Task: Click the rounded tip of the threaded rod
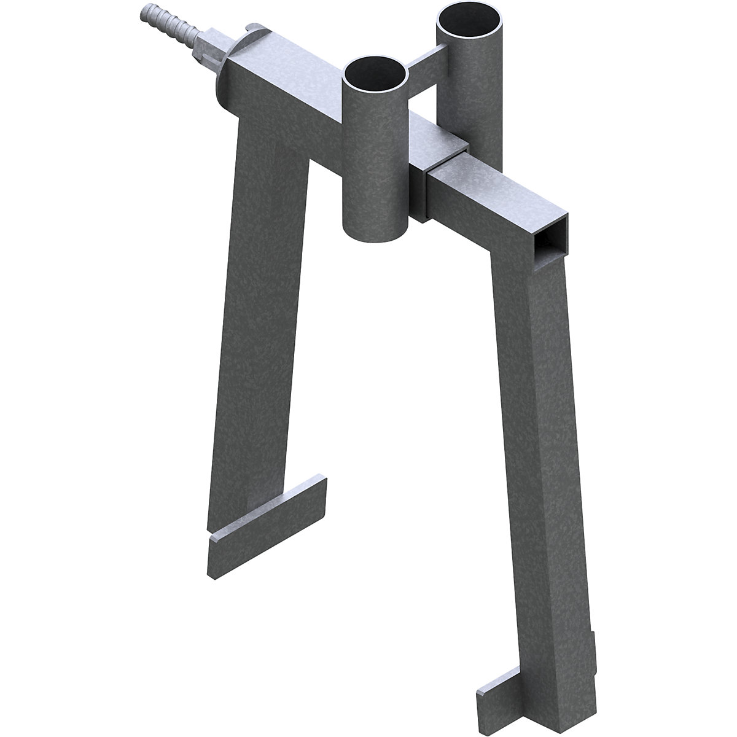(x=146, y=11)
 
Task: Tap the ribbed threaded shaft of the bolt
(x=170, y=25)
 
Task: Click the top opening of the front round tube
(x=375, y=74)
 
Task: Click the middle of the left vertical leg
(x=258, y=338)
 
